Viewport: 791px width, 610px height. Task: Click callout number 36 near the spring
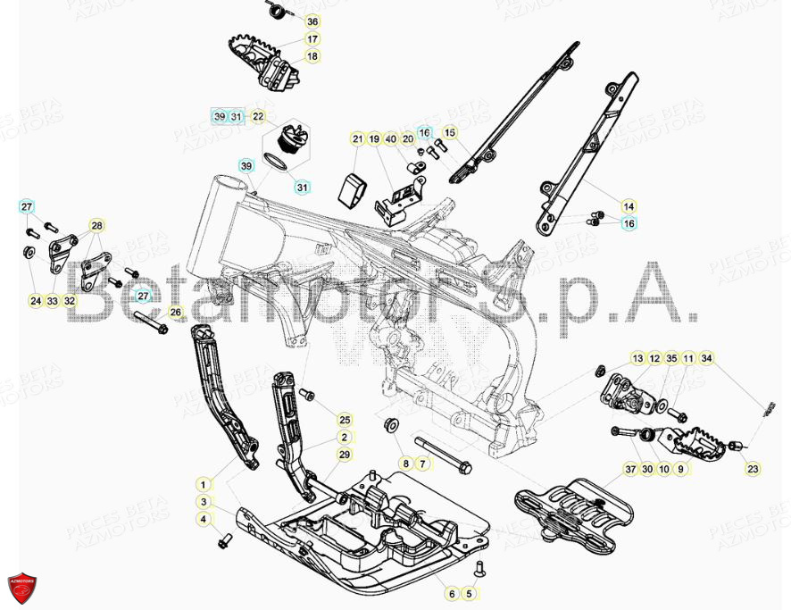312,21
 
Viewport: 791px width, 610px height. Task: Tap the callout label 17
312,39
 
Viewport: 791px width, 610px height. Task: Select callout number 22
257,117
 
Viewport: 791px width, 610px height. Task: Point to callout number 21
358,139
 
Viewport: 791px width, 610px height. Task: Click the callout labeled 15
450,133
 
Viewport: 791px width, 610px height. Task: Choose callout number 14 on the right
629,206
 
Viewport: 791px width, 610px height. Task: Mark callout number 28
96,225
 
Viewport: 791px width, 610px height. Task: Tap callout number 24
36,301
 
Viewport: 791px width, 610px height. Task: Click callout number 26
175,313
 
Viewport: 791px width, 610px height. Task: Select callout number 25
344,419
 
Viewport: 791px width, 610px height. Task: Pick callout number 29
344,455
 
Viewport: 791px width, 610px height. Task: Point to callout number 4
204,519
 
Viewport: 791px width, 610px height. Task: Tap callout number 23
753,469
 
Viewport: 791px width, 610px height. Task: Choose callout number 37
630,469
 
